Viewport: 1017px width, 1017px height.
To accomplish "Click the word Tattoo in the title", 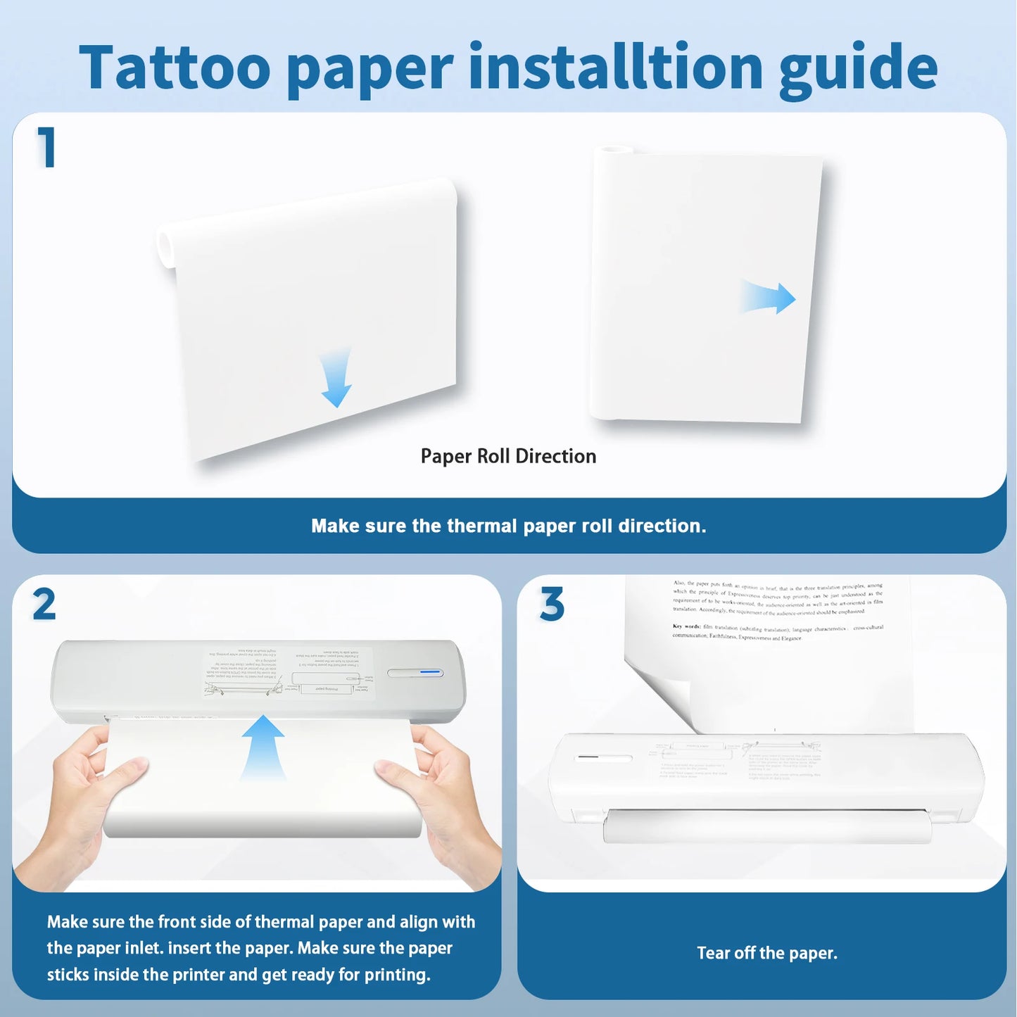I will tap(175, 68).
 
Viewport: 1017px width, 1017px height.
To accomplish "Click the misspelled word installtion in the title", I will tap(616, 68).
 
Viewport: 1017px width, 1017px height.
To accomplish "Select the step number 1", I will tap(46, 148).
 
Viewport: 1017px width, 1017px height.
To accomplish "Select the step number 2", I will tap(44, 605).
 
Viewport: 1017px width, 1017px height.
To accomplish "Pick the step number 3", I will tap(552, 605).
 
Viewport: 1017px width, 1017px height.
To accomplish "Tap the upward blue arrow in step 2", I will tap(263, 746).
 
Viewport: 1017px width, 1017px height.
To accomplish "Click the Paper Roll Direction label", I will tap(508, 456).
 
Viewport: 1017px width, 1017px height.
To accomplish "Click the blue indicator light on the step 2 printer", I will tap(430, 673).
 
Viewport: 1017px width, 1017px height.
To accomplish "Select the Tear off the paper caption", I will tap(766, 953).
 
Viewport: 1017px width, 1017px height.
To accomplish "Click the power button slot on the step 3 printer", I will tap(603, 759).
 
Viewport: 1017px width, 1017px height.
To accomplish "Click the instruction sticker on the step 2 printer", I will tap(289, 673).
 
